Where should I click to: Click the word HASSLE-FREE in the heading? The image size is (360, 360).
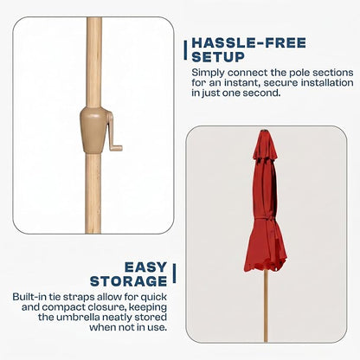point(248,43)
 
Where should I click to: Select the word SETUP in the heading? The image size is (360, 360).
point(218,57)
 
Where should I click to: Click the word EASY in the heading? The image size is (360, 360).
point(145,267)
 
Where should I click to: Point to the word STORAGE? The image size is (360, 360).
point(128,281)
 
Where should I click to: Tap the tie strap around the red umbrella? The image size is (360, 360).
point(266,220)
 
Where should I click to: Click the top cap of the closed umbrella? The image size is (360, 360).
point(263,132)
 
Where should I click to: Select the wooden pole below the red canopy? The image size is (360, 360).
point(266,305)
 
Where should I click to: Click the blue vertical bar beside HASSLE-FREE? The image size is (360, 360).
point(185,50)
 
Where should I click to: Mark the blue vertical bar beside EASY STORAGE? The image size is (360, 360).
point(174,273)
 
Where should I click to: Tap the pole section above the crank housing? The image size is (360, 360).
point(94,62)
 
